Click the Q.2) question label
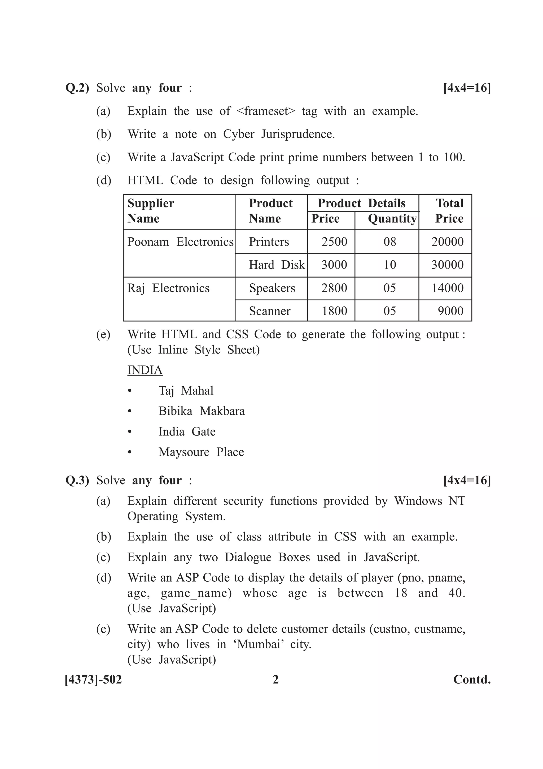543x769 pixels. pyautogui.click(x=77, y=88)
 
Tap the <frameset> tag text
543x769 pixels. pyautogui.click(x=266, y=111)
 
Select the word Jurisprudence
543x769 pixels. pyautogui.click(x=298, y=134)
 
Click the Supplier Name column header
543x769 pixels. pyautogui.click(x=151, y=211)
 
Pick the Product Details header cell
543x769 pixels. pyautogui.click(x=361, y=203)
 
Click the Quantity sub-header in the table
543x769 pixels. pyautogui.click(x=392, y=219)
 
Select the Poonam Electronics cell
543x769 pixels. pyautogui.click(x=180, y=242)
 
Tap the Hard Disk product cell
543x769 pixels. pyautogui.click(x=277, y=265)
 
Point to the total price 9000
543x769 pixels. pyautogui.click(x=450, y=311)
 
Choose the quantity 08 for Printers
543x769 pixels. pyautogui.click(x=389, y=242)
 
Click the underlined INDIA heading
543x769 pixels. pyautogui.click(x=145, y=370)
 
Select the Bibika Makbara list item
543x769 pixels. pyautogui.click(x=202, y=411)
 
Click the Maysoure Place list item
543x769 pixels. pyautogui.click(x=201, y=452)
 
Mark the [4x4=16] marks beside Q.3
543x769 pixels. pyautogui.click(x=467, y=480)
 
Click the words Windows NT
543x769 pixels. pyautogui.click(x=430, y=501)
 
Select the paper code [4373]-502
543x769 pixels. pyautogui.click(x=93, y=680)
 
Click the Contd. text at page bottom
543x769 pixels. pyautogui.click(x=472, y=680)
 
